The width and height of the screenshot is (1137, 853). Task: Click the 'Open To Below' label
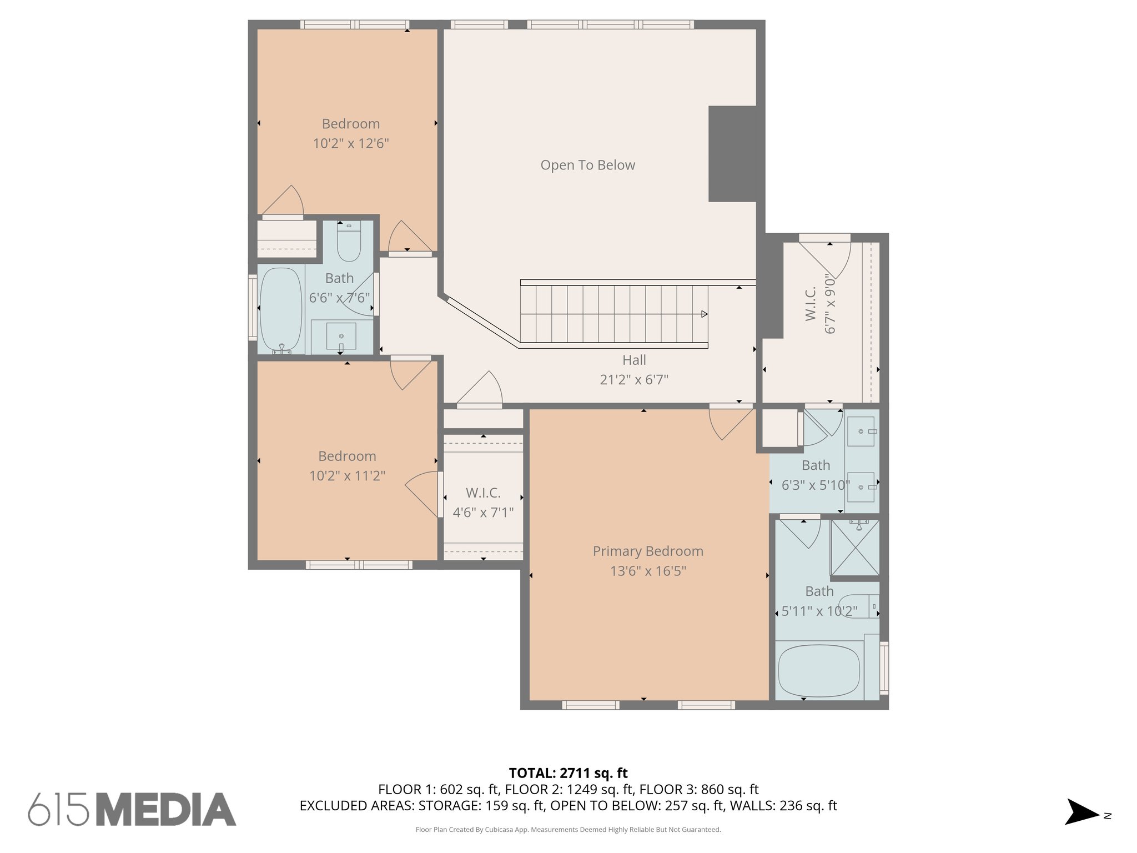[x=587, y=165]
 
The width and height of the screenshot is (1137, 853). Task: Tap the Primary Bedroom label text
[x=648, y=551]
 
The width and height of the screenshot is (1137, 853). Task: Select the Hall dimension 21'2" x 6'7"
[x=634, y=380]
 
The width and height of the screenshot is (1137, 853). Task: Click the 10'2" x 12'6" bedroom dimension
[x=350, y=143]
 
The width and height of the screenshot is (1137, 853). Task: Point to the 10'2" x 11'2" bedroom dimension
[x=347, y=476]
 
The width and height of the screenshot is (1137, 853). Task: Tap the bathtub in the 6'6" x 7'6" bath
[x=281, y=310]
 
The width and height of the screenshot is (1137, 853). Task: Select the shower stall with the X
[x=854, y=548]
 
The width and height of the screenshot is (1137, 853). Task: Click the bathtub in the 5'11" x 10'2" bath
[x=819, y=670]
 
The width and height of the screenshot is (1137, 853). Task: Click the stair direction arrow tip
[x=707, y=314]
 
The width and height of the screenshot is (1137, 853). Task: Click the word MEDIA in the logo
[x=167, y=810]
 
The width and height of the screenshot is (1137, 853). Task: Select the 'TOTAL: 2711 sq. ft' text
[x=568, y=773]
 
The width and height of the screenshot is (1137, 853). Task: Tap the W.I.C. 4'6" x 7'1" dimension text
[x=483, y=512]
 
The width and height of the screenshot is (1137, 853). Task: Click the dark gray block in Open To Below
[x=732, y=154]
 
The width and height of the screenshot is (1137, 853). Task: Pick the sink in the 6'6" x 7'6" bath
[x=341, y=336]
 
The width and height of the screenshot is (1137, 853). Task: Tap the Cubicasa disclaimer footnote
[x=568, y=830]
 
